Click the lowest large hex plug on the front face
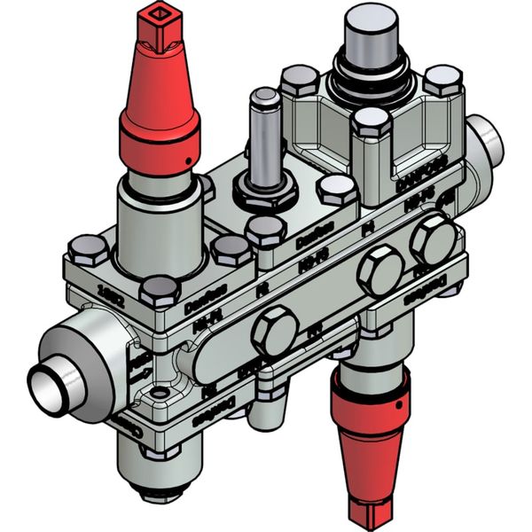[274, 332]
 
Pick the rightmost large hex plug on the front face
[434, 238]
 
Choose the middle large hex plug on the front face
[381, 270]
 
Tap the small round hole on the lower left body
[160, 391]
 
